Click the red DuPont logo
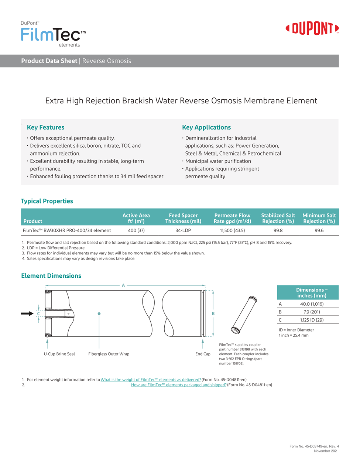pyautogui.click(x=312, y=28)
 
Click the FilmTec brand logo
pyautogui.click(x=53, y=35)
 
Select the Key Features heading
pyautogui.click(x=45, y=127)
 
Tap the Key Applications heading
pyautogui.click(x=206, y=127)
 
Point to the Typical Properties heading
pyautogui.click(x=47, y=201)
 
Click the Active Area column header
pyautogui.click(x=136, y=218)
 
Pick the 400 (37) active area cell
pyautogui.click(x=136, y=230)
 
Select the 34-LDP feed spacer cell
pyautogui.click(x=183, y=230)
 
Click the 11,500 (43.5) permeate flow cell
pyautogui.click(x=232, y=230)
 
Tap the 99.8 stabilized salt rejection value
pyautogui.click(x=278, y=230)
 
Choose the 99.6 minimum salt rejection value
pyautogui.click(x=319, y=230)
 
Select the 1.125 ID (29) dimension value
pyautogui.click(x=312, y=320)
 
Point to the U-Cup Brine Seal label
pyautogui.click(x=59, y=354)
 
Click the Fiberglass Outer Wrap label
pyautogui.click(x=109, y=354)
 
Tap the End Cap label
pyautogui.click(x=203, y=354)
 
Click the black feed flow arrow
pyautogui.click(x=27, y=313)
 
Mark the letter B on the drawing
pyautogui.click(x=213, y=313)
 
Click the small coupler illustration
pyautogui.click(x=244, y=315)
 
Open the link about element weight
pyautogui.click(x=151, y=380)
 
